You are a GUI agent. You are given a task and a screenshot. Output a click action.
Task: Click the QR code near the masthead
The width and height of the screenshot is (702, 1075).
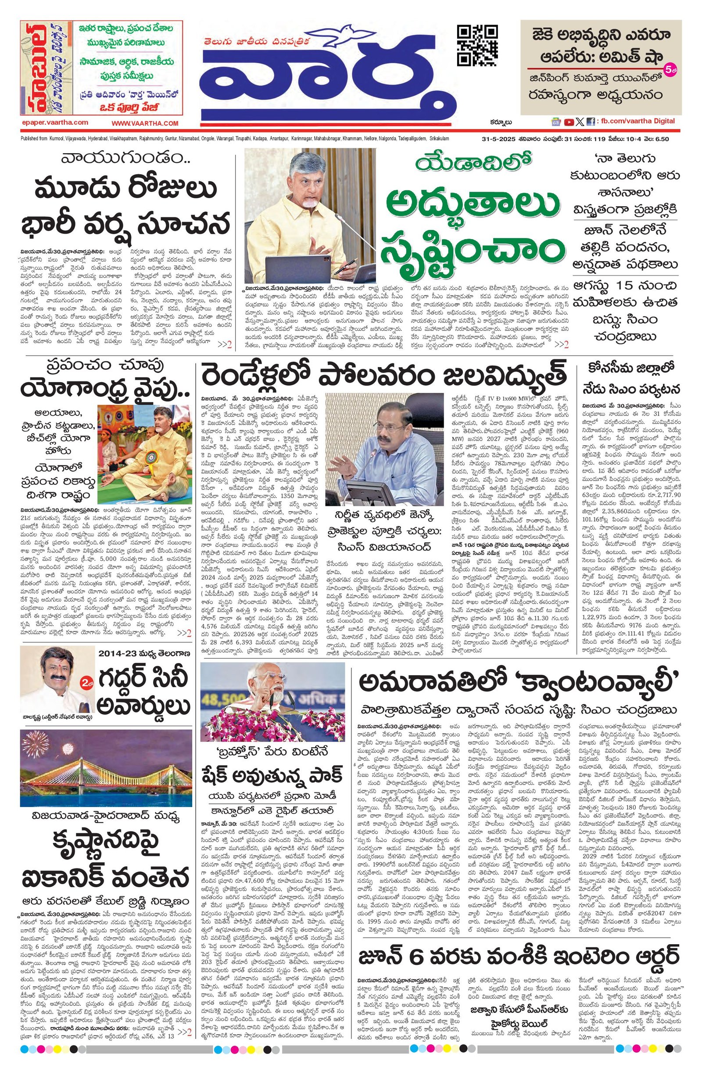(x=477, y=46)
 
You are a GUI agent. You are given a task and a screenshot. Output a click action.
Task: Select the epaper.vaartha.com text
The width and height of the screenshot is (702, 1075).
(x=55, y=122)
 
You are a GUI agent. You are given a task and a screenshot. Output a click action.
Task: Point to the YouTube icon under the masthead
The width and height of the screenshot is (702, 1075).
(x=568, y=122)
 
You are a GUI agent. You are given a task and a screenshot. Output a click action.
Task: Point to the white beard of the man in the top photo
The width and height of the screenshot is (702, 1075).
(x=309, y=204)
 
